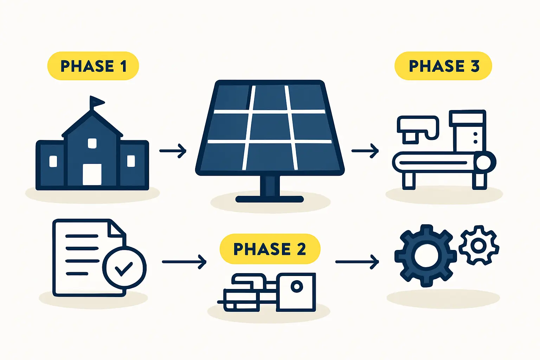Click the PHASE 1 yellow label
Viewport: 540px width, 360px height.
click(93, 66)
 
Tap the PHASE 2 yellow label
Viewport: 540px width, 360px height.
click(270, 249)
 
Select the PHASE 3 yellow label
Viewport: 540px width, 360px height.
click(443, 66)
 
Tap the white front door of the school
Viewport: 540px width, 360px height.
click(92, 174)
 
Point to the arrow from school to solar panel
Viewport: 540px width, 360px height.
click(173, 151)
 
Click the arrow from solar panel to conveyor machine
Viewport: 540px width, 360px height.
click(365, 151)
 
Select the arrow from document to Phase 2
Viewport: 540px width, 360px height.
click(184, 262)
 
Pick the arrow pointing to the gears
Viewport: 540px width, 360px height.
click(357, 262)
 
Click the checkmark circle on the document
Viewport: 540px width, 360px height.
click(124, 268)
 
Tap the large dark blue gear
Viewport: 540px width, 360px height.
click(425, 256)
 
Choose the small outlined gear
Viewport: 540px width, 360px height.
click(478, 245)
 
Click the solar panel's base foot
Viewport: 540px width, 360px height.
click(270, 199)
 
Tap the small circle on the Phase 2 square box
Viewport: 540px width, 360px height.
click(297, 287)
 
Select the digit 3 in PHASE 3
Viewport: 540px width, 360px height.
click(475, 66)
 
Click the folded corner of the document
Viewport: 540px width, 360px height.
click(117, 229)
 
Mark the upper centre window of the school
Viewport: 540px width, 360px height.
click(92, 143)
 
